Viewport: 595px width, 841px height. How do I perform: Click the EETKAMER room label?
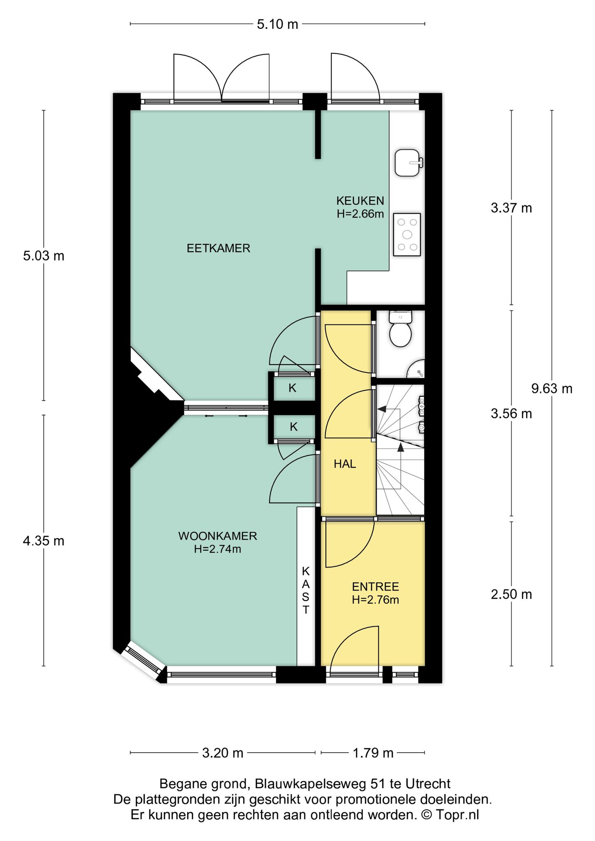[219, 248]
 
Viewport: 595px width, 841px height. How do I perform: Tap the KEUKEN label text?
[360, 201]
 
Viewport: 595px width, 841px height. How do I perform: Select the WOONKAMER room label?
[218, 536]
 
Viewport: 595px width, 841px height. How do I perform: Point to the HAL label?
[345, 464]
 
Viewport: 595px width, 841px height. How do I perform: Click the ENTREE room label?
[376, 586]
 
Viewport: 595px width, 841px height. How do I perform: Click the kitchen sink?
[408, 163]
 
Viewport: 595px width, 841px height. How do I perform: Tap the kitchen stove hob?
[407, 234]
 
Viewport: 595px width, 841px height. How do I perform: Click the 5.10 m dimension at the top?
[277, 24]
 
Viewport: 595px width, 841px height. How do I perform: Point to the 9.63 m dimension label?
[552, 388]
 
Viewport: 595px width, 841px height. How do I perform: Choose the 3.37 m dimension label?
[511, 208]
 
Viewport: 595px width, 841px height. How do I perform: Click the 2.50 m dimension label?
[511, 594]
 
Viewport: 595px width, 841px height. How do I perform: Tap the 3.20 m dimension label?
[223, 753]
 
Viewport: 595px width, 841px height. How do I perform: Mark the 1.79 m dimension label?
[373, 753]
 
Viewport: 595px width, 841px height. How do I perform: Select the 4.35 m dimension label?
[44, 541]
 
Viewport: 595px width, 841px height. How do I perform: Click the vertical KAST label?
[306, 590]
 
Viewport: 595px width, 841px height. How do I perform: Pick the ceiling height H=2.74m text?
[218, 549]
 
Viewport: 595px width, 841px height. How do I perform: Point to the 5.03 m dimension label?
[44, 256]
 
